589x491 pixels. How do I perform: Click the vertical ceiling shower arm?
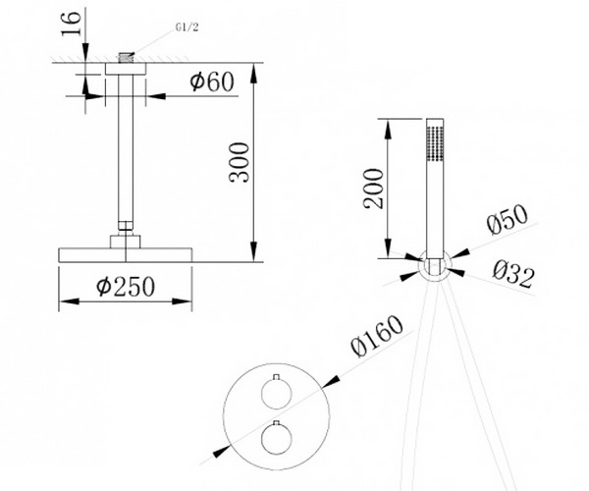pyautogui.click(x=124, y=157)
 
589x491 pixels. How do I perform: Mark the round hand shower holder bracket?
pyautogui.click(x=433, y=265)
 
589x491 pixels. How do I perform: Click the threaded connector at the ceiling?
pyautogui.click(x=124, y=58)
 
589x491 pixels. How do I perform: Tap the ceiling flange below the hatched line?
pyautogui.click(x=124, y=69)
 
